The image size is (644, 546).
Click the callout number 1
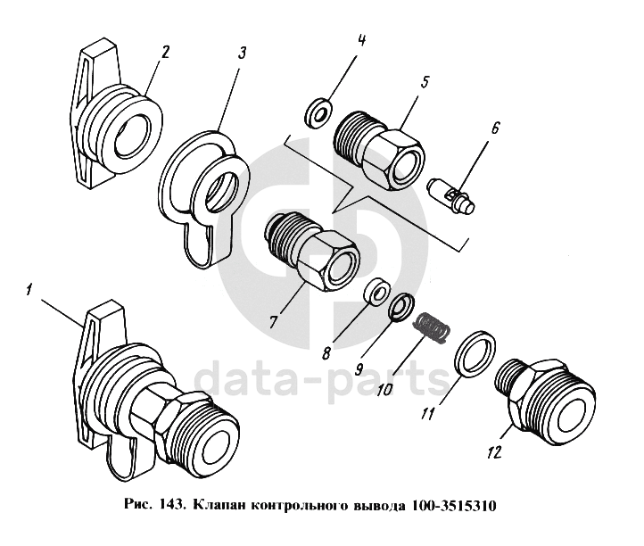[x=29, y=290]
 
